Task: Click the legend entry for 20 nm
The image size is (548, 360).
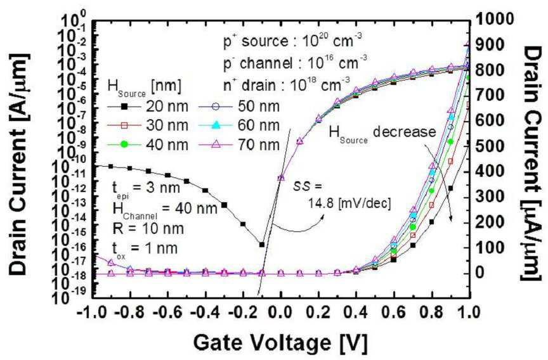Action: (x=148, y=106)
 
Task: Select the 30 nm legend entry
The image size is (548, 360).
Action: (x=148, y=125)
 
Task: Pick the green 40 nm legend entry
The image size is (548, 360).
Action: (x=148, y=145)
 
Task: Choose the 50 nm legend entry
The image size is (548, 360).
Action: (x=239, y=106)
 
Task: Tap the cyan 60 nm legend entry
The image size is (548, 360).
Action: (x=239, y=125)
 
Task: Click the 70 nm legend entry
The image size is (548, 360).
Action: (x=239, y=145)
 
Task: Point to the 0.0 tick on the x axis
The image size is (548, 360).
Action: (x=280, y=312)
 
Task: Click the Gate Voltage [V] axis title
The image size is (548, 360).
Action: (x=280, y=342)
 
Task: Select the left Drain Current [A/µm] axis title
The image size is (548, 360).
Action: (x=20, y=164)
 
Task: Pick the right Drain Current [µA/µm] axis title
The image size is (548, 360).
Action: (x=533, y=164)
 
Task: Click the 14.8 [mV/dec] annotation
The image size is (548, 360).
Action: (x=349, y=203)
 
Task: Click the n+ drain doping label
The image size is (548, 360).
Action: (x=287, y=84)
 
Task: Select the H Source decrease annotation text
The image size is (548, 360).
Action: (x=382, y=133)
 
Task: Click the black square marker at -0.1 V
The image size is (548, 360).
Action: (x=261, y=245)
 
